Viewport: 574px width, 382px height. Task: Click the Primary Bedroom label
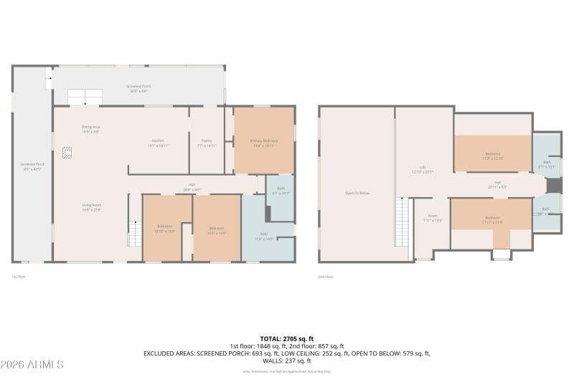(263, 140)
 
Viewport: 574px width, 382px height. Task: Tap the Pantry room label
(207, 140)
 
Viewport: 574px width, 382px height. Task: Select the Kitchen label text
(158, 140)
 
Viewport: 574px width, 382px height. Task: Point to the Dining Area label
(90, 128)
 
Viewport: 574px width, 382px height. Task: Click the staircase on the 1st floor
(134, 233)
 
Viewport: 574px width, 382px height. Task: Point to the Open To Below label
(357, 193)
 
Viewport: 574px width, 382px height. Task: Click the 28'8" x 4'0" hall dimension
(192, 189)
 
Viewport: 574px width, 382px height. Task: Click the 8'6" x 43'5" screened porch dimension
(32, 169)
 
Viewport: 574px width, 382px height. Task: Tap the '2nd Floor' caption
(326, 276)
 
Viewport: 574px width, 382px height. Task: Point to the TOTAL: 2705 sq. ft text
(286, 338)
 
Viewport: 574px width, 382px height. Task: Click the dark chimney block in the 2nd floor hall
(553, 185)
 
